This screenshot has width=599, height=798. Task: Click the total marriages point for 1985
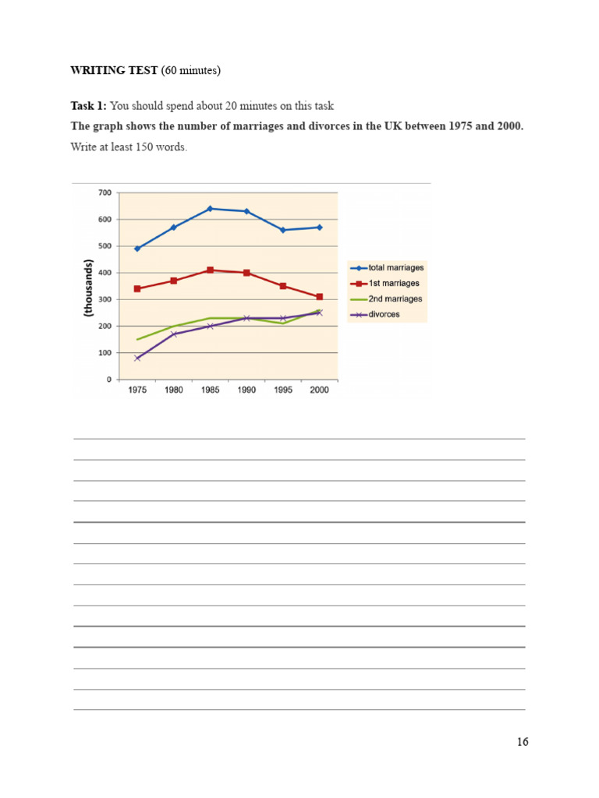click(210, 209)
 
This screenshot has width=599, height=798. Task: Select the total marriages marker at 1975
click(137, 249)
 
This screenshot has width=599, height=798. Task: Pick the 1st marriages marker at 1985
click(210, 270)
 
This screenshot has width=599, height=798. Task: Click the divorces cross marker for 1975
click(137, 358)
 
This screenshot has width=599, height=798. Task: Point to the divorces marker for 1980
click(174, 334)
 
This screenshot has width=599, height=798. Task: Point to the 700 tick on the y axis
click(105, 192)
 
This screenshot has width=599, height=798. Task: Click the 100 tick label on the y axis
click(105, 353)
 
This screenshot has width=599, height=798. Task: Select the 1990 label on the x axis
click(246, 390)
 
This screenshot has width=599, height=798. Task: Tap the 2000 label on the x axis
click(320, 390)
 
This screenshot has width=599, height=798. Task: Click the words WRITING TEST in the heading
click(114, 71)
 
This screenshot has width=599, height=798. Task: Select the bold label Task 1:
click(89, 106)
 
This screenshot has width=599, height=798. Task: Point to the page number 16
click(522, 742)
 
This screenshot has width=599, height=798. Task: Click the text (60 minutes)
click(191, 71)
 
